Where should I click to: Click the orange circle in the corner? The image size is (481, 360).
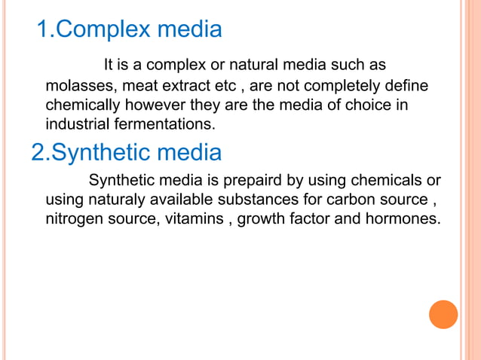pos(443,314)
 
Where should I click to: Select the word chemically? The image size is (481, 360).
pos(80,103)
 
